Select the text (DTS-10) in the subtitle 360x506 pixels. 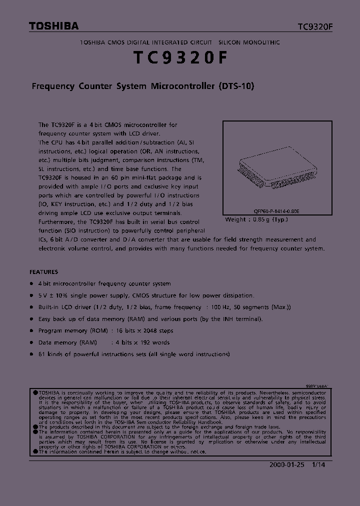(x=236, y=86)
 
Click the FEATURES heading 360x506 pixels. (x=44, y=272)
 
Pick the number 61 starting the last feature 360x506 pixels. (x=42, y=354)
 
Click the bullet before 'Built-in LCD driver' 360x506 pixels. (x=32, y=307)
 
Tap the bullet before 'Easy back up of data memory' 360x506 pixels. (x=32, y=319)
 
